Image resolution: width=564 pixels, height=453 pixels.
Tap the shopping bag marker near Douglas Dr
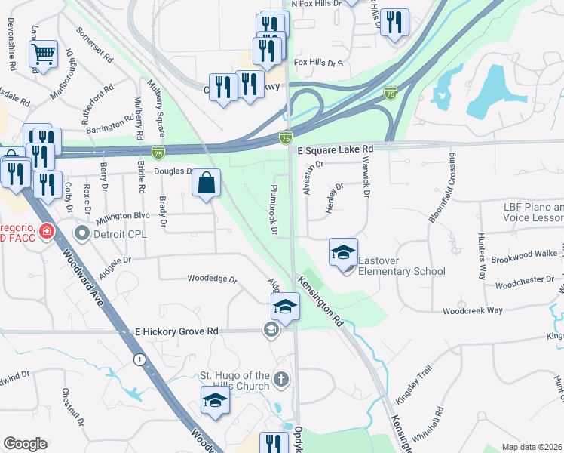tap(206, 182)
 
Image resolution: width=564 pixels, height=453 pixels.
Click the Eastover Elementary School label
tap(401, 267)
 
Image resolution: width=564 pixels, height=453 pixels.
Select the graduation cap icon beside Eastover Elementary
tap(343, 252)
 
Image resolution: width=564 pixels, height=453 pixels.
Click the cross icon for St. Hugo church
tap(281, 379)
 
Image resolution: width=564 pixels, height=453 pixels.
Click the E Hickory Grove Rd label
tap(176, 331)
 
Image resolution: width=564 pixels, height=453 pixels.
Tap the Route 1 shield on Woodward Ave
tap(139, 359)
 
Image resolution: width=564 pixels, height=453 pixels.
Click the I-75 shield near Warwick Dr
tap(390, 93)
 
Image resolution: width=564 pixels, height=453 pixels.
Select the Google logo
tap(25, 444)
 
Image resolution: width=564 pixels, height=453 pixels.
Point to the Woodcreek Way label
tap(473, 310)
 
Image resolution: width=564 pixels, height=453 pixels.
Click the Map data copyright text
tap(532, 447)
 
